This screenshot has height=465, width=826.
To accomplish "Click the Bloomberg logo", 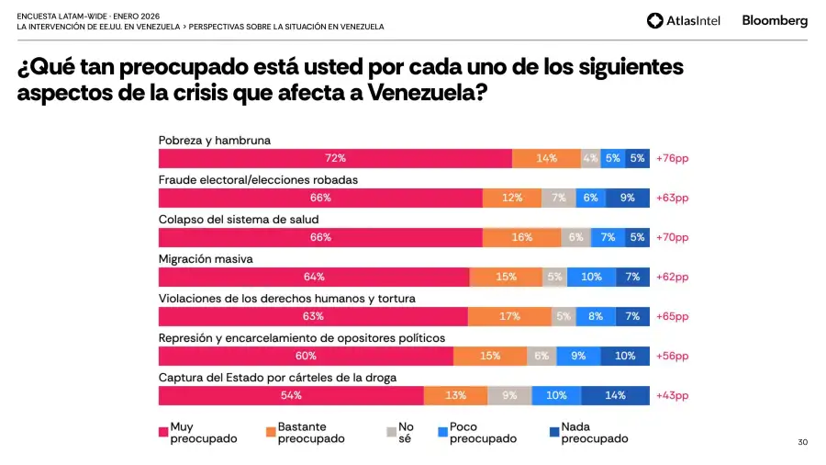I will (x=775, y=20).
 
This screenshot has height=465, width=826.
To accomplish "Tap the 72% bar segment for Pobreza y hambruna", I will (x=335, y=158).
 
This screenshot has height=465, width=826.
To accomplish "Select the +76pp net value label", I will (x=672, y=158).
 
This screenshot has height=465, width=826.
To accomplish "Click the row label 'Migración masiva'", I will (x=206, y=259).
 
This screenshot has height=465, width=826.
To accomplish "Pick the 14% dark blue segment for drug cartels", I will (x=615, y=395).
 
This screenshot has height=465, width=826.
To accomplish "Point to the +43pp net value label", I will (x=672, y=395).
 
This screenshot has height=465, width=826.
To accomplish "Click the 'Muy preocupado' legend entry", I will (x=197, y=433).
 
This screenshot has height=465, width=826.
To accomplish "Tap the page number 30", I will (x=803, y=443).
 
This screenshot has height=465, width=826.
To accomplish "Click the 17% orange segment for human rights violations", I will (x=508, y=316).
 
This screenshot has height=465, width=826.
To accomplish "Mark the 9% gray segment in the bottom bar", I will (x=509, y=395).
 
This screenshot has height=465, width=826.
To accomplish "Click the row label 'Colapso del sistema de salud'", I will (x=239, y=220).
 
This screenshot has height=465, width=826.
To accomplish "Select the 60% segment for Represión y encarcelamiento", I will (x=306, y=356).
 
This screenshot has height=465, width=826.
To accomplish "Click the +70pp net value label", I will (x=672, y=237).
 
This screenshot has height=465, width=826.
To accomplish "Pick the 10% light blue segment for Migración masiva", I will (x=591, y=277).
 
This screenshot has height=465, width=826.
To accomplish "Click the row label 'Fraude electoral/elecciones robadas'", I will (x=258, y=180).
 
